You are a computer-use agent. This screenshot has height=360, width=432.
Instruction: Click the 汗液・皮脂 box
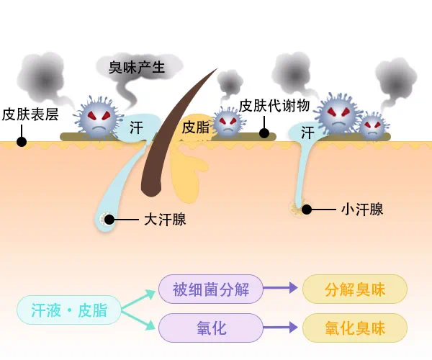pos(69,310)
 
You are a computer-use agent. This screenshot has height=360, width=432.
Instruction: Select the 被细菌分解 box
pos(210,290)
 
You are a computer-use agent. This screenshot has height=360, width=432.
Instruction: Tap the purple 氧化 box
pos(210,328)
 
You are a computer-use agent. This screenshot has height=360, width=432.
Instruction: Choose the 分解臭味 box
pos(355,290)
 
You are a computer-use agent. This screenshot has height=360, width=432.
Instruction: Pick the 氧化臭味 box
pos(355,328)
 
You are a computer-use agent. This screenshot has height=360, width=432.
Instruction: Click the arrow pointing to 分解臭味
pos(282,289)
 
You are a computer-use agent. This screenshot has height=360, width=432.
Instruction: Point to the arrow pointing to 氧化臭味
pos(282,328)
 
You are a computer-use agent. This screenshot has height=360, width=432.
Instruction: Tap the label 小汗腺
pos(362,210)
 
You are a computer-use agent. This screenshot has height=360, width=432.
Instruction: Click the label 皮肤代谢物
pos(274,105)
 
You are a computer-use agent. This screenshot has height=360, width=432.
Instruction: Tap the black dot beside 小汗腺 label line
pos(307,210)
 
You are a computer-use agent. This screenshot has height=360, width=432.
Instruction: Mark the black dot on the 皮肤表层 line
pos(22,141)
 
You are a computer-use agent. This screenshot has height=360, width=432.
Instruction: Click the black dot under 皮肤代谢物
pos(264,133)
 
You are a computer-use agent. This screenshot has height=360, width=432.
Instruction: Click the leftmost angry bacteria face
pos(97,115)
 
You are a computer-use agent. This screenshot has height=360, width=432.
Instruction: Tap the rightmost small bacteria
pos(372,126)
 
